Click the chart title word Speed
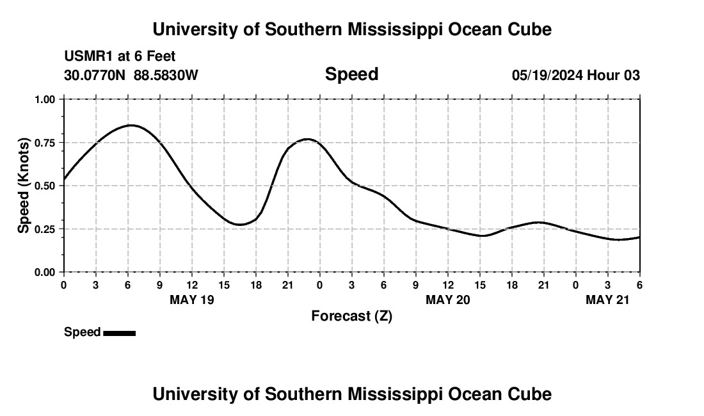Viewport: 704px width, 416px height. coord(351,74)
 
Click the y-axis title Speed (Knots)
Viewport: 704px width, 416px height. coord(24,186)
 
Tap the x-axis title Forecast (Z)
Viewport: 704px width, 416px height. coord(351,316)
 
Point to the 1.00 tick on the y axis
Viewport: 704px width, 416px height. coord(45,99)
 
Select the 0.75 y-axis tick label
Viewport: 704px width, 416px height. coord(45,143)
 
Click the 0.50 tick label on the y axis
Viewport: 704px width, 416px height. coord(45,186)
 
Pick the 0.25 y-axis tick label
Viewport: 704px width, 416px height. coord(45,229)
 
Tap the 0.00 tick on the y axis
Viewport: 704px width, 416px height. coord(45,272)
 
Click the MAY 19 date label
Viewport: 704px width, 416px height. coord(192,300)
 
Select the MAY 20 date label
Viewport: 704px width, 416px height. coord(448,300)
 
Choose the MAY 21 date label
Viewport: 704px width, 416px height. coord(608,300)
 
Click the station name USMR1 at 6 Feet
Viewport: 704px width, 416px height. coord(120,57)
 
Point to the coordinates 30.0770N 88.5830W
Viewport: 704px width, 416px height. coord(131,76)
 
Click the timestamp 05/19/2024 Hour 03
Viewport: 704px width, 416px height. coord(575,76)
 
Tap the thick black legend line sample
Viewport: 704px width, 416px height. coord(119,333)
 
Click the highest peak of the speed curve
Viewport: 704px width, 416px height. coord(131,125)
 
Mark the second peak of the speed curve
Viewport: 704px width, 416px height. coord(307,139)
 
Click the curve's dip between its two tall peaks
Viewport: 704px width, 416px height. coord(240,225)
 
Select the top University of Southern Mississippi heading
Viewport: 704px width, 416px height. coord(351,29)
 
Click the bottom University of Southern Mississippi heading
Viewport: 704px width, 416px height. coord(351,394)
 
